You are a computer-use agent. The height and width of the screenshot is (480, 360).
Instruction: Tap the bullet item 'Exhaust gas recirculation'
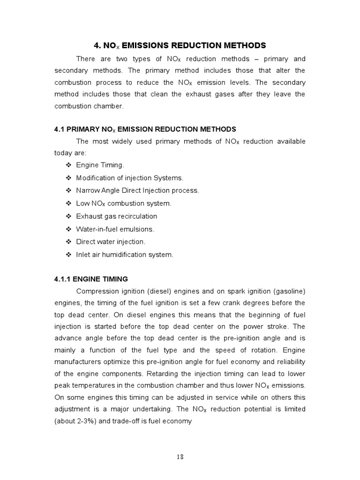point(116,216)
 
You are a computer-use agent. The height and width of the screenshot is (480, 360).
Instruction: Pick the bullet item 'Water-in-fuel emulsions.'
point(115,229)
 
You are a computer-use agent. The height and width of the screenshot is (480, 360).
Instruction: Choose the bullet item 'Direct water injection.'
point(111,242)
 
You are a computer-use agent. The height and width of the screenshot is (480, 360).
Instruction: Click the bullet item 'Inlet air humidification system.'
point(125,255)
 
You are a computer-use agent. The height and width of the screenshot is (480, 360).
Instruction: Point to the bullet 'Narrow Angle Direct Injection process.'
point(137,190)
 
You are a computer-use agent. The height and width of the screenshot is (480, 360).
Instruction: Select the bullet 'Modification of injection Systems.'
point(130,178)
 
